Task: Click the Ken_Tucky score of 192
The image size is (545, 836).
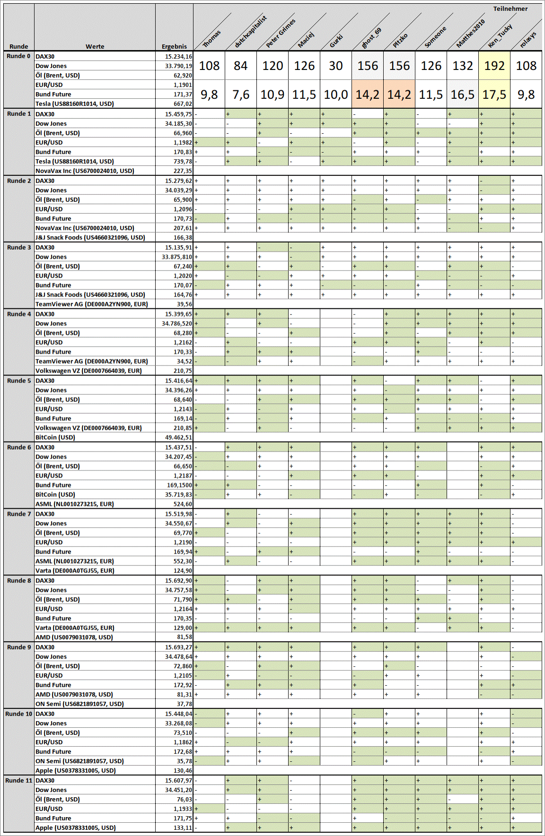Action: coord(494,66)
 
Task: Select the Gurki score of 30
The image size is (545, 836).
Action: coord(336,66)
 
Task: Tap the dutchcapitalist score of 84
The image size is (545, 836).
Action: coord(240,66)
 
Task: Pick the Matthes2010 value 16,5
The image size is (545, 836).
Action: coord(463,95)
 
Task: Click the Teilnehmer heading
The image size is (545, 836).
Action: coord(510,9)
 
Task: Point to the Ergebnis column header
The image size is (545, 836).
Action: coord(174,46)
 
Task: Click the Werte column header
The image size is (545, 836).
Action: coord(95,46)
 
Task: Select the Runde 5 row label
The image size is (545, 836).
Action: coord(19,381)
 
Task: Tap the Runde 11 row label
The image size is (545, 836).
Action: coord(19,780)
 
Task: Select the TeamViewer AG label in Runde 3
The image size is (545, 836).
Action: coord(92,304)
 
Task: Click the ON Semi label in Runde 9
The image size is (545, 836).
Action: coord(79,704)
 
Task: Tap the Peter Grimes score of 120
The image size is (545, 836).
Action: coord(272,66)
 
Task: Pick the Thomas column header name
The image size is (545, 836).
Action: coord(211,39)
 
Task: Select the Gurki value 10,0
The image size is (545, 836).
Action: coord(336,95)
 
